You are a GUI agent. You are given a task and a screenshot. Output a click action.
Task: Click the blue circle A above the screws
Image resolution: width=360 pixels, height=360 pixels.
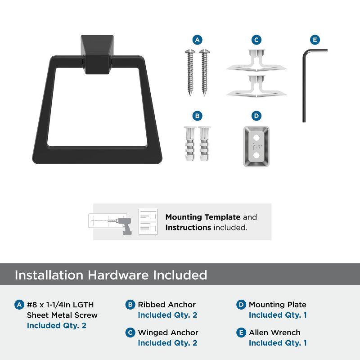[x=198, y=40]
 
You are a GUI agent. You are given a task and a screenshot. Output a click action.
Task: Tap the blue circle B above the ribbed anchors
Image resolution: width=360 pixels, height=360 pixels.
[x=198, y=116]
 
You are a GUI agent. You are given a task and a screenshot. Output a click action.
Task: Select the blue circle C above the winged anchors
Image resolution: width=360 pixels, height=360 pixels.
[x=256, y=40]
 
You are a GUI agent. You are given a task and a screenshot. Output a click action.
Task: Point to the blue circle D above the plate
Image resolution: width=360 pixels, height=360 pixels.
[x=256, y=116]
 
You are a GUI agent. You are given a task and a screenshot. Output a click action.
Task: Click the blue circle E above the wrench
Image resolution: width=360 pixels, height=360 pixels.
[x=315, y=40]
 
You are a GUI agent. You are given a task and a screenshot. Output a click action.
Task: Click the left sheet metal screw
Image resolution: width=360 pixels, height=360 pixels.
[x=190, y=72]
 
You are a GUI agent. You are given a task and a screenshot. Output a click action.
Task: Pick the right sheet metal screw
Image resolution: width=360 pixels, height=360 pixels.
[x=205, y=72]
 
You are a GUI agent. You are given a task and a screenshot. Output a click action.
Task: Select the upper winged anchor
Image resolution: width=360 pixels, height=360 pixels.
[x=256, y=61]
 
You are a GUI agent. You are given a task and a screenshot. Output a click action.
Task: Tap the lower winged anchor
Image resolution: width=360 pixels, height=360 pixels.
[x=256, y=86]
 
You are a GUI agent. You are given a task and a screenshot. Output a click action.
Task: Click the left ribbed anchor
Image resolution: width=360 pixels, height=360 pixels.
[x=190, y=144]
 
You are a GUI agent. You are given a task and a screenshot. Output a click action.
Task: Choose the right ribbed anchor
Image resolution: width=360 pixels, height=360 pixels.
[x=204, y=144]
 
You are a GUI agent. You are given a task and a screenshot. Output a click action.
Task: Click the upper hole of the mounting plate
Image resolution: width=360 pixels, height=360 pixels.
[x=256, y=138]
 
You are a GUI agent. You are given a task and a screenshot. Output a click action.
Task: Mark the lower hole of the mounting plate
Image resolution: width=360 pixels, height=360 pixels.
[x=256, y=155]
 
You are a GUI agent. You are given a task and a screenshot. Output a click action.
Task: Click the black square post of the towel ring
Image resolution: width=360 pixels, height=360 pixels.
[x=97, y=54]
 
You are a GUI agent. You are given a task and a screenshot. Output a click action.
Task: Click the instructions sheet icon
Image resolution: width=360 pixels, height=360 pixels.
[x=148, y=222]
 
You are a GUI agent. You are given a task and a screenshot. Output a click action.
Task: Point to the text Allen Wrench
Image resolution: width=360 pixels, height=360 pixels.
[x=274, y=333]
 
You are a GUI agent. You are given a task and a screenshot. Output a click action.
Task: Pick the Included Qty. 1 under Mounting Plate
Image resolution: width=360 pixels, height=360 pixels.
[x=278, y=315]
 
